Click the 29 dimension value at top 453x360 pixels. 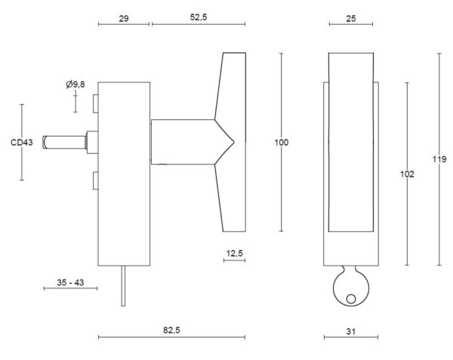tap(124, 19)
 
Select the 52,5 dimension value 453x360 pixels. tap(199, 17)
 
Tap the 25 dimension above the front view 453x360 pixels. tap(351, 19)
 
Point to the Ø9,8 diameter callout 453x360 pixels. tap(75, 85)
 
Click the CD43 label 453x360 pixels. tap(22, 143)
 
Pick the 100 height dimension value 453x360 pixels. tap(282, 143)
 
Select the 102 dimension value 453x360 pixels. tap(407, 174)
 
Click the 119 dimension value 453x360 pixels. tap(439, 159)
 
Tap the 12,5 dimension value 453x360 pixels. tap(235, 254)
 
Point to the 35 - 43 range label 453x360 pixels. tap(70, 282)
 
